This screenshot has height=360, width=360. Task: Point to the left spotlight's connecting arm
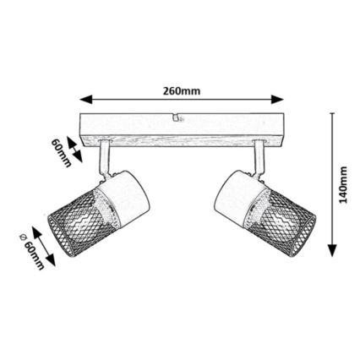pyautogui.click(x=104, y=158)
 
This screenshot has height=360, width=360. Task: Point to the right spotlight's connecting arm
pyautogui.click(x=259, y=158)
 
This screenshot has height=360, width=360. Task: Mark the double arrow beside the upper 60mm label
pyautogui.click(x=74, y=151)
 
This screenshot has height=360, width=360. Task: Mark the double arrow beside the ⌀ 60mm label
pyautogui.click(x=45, y=245)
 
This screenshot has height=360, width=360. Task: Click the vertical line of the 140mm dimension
pyautogui.click(x=331, y=183)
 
